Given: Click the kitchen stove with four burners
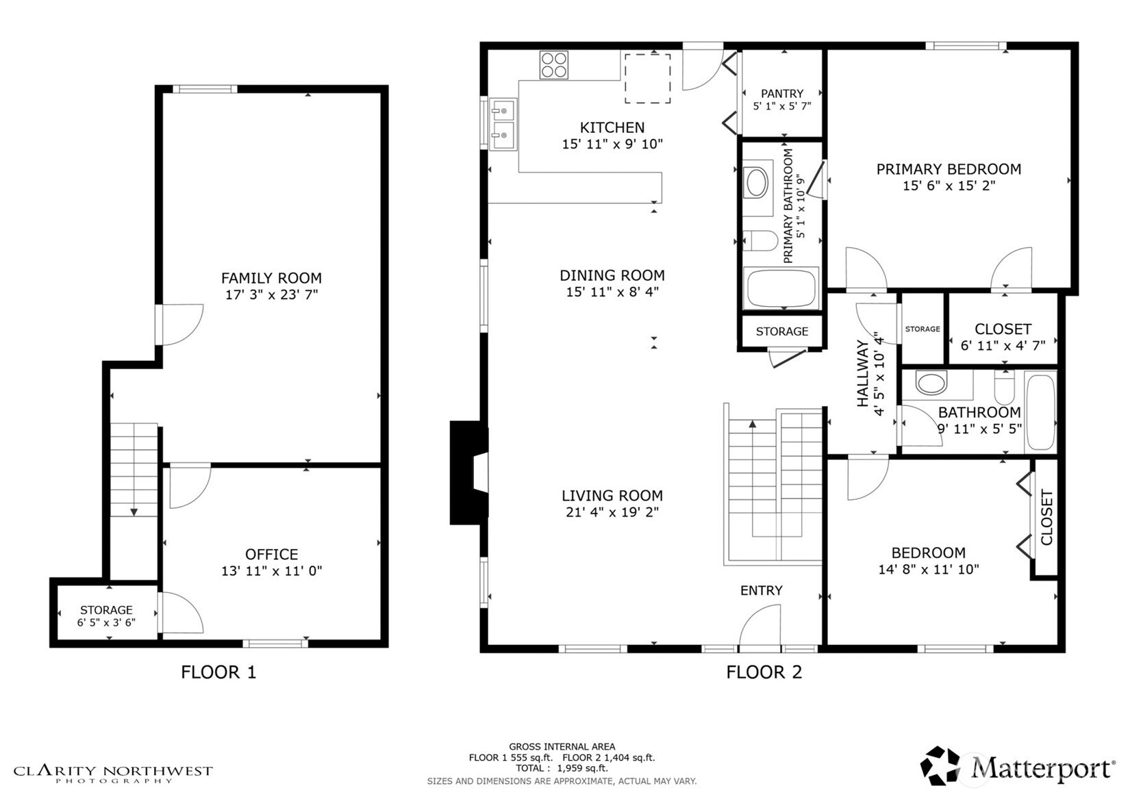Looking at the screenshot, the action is [554, 65].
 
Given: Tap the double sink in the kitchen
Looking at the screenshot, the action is [503, 124].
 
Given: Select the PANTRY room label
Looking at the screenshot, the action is [782, 94].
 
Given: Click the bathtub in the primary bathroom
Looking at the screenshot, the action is [781, 288].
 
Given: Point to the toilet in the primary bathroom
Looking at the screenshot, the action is [761, 240].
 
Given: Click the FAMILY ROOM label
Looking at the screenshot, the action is [271, 278].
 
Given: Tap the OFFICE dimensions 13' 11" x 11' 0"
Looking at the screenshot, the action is [271, 570].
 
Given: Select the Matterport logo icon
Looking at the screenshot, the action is [940, 766].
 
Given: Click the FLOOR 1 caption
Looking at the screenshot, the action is [218, 672].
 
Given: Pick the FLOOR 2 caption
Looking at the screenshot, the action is [764, 672].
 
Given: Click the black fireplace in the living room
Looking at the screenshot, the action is [469, 472].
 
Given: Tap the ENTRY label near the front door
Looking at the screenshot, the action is [762, 590].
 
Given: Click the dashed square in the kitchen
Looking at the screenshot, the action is [648, 79].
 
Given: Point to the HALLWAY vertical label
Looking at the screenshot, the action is [863, 373].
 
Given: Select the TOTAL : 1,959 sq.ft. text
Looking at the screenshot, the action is [562, 768].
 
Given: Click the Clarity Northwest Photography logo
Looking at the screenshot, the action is [113, 774].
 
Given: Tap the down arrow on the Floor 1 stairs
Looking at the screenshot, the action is [134, 512].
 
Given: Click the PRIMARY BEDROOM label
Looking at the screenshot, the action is [949, 169].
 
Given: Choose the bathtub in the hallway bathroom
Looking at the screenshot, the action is [1040, 412].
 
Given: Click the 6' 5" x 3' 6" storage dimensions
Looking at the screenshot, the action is [106, 622].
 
